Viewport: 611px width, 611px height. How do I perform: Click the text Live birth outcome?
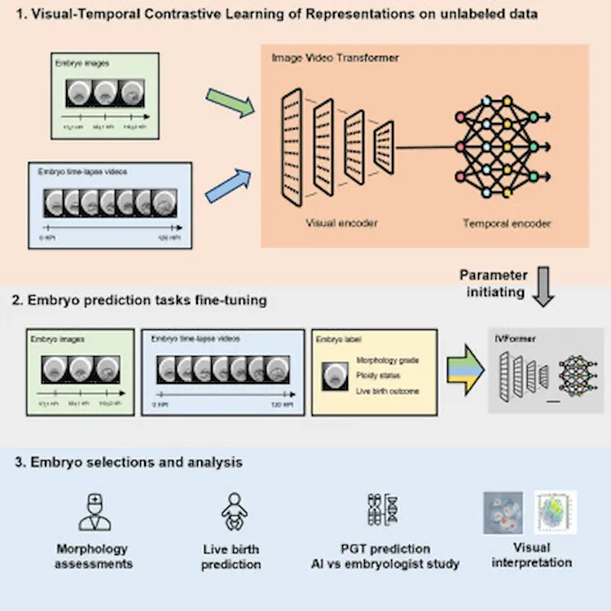pyautogui.click(x=388, y=391)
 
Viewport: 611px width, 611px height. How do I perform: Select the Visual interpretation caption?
pyautogui.click(x=533, y=555)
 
